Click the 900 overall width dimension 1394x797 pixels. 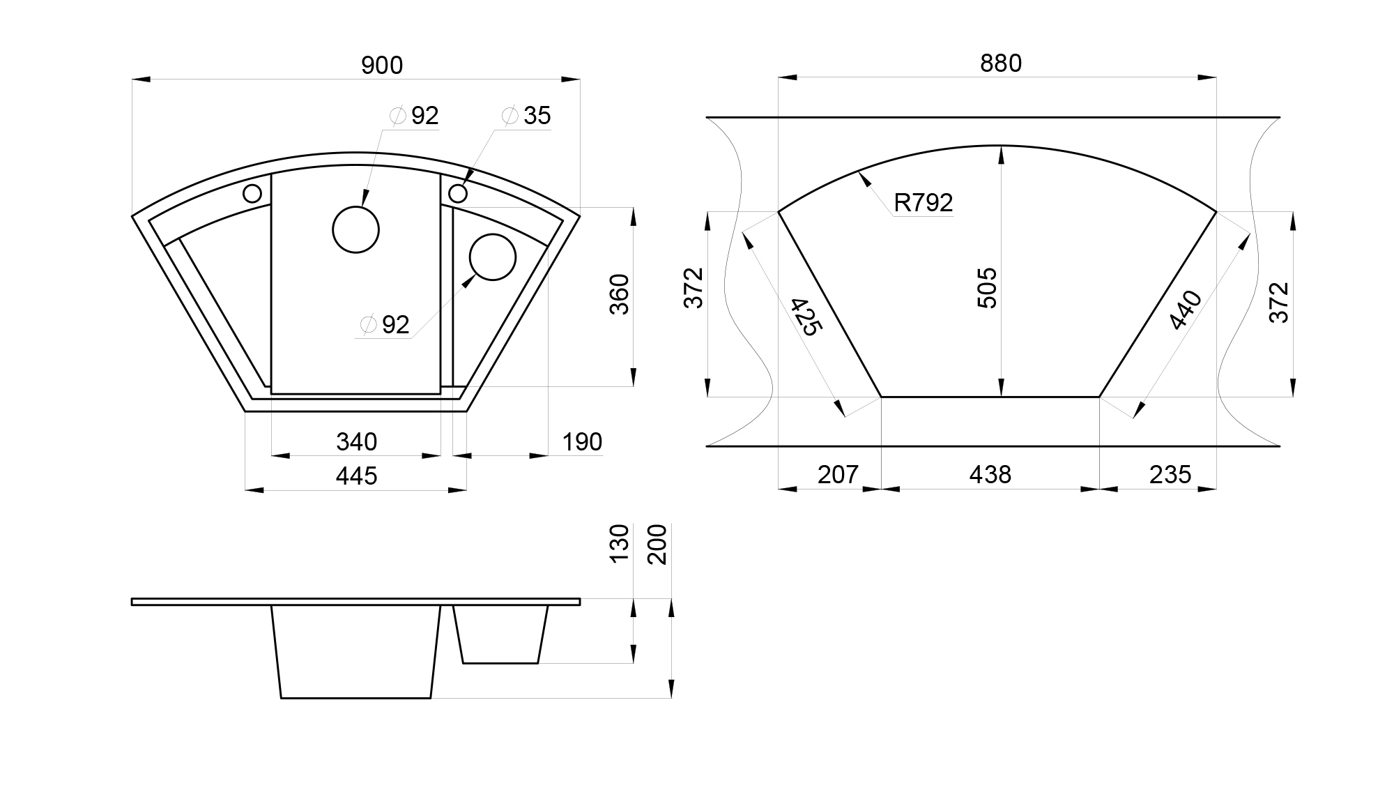point(382,66)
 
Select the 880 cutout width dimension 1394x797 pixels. point(1001,63)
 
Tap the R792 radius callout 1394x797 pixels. point(924,203)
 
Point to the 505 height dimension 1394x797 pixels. point(988,288)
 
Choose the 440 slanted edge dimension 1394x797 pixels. point(1186,310)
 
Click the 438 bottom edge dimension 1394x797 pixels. point(990,475)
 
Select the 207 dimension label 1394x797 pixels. point(838,475)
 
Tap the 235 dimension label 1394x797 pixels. point(1170,475)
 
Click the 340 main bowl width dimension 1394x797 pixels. point(356,442)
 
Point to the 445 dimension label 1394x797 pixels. point(356,476)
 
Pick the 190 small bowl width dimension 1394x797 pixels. point(582,442)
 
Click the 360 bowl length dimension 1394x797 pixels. point(620,294)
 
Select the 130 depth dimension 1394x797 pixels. point(620,544)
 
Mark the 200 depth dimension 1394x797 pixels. point(657,544)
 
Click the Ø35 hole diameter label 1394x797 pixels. point(527,116)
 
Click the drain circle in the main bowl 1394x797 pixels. point(356,229)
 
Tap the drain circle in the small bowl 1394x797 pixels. point(493,257)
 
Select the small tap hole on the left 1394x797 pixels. point(252,193)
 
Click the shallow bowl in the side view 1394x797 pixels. point(500,635)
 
